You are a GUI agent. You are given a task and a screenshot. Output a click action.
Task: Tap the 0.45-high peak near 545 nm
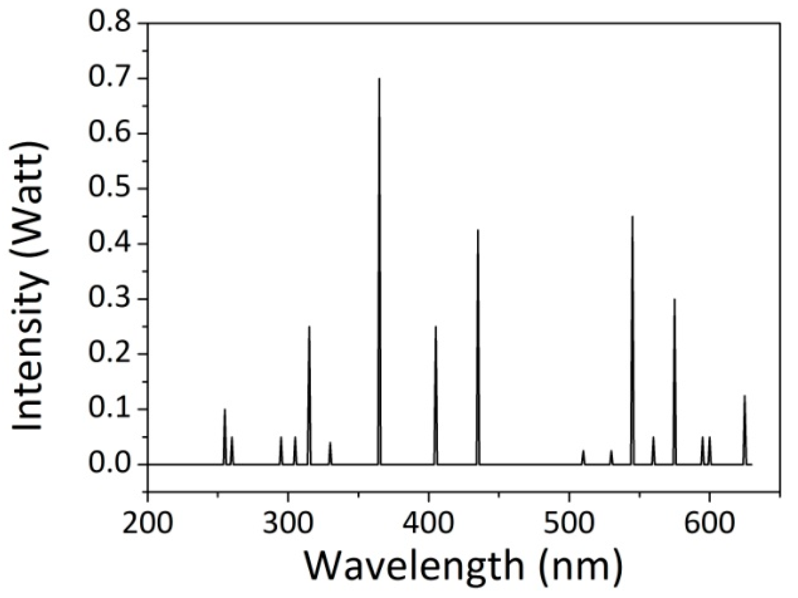click(x=633, y=217)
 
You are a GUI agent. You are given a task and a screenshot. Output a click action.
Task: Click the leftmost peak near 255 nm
click(x=225, y=410)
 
